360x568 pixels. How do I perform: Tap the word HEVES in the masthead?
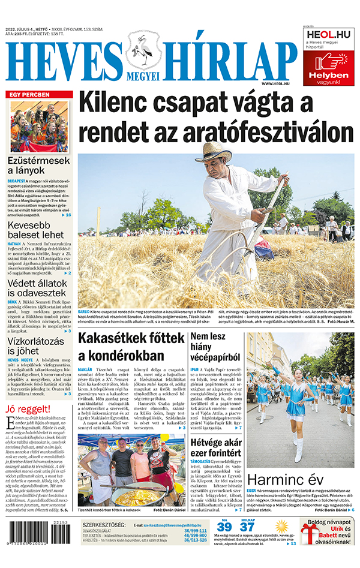coord(64,61)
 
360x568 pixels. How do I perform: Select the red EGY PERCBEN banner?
coord(39,95)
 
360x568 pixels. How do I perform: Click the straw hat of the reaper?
coord(214,151)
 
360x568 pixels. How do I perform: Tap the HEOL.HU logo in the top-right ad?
coord(328,34)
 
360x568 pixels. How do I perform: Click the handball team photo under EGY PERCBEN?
coord(39,127)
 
